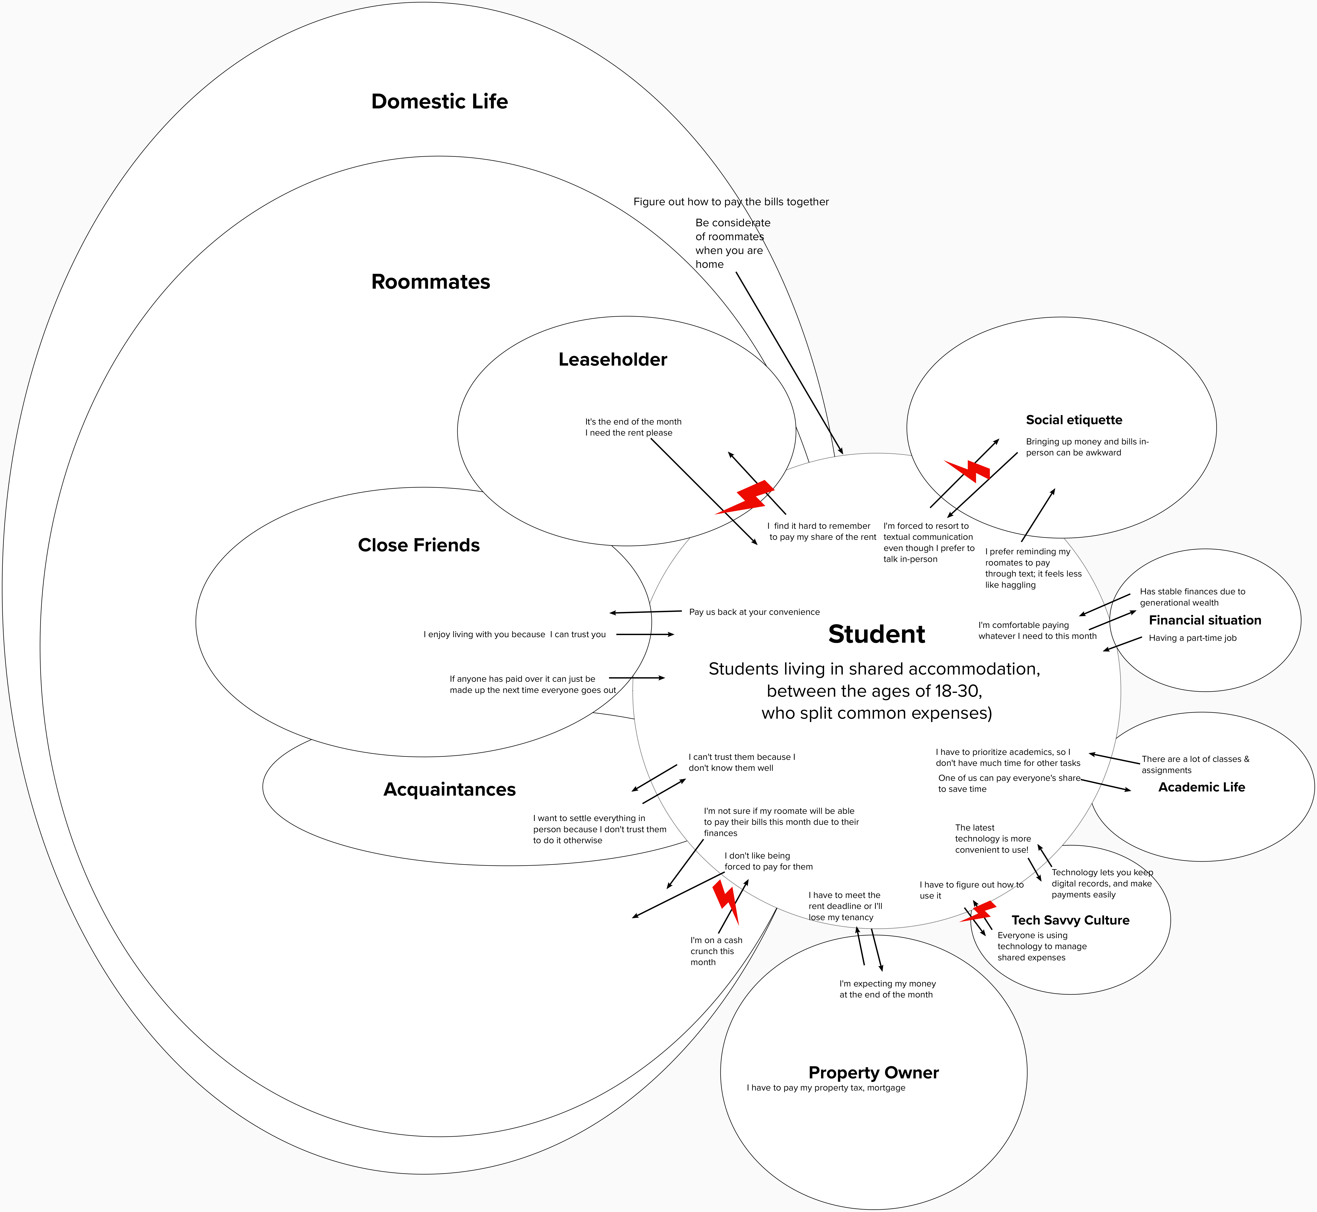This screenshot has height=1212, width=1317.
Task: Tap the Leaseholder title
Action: (613, 359)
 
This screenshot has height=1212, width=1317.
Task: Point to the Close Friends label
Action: (418, 545)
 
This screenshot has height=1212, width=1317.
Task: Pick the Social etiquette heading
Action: (1074, 420)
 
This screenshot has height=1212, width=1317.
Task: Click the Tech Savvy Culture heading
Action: (1070, 920)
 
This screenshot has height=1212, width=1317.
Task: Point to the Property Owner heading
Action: (874, 1072)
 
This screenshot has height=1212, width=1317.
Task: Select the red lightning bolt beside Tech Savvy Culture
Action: (979, 912)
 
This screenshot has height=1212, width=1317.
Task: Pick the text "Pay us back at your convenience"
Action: (754, 612)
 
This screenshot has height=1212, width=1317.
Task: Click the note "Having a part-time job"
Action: (1192, 638)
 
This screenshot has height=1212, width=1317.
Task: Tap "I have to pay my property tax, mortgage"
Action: (826, 1087)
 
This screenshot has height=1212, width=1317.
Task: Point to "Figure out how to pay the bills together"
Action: (731, 202)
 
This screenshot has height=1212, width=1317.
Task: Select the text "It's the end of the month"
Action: (633, 422)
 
